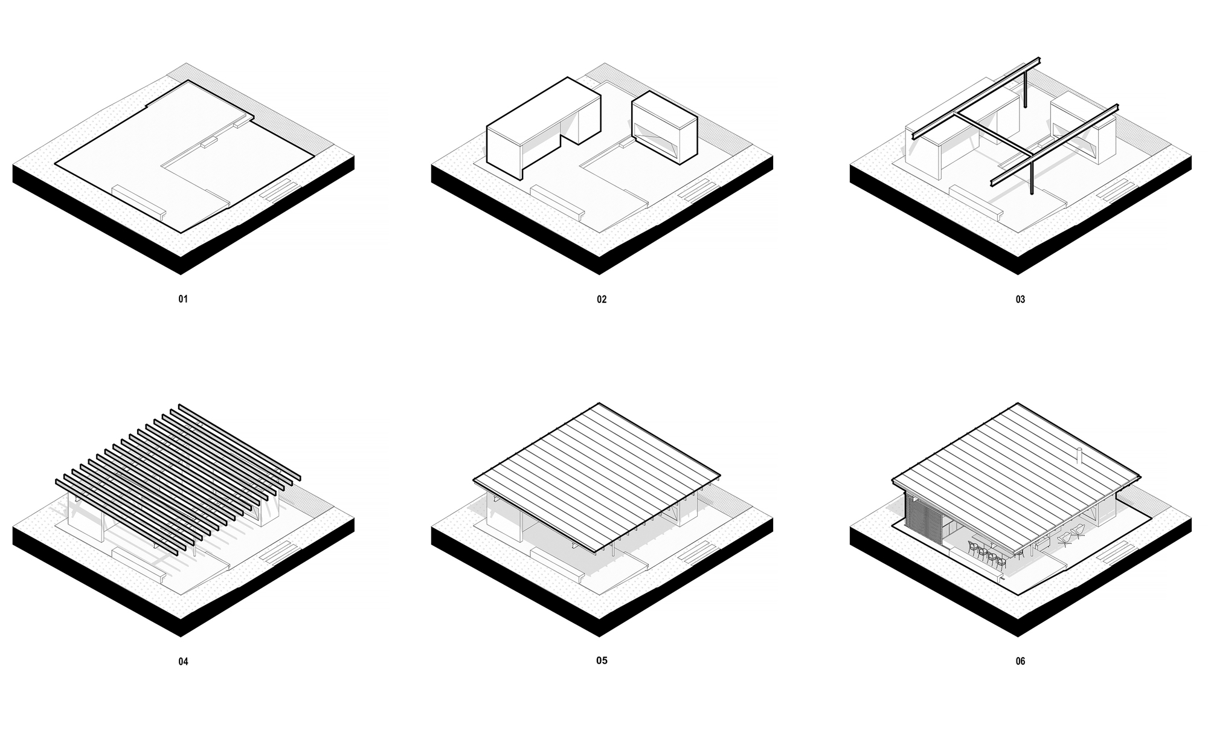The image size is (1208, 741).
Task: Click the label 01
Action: tap(183, 299)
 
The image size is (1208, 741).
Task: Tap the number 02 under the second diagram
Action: tap(602, 299)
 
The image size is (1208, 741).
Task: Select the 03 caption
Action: tap(1020, 299)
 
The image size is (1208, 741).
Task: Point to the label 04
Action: tap(183, 661)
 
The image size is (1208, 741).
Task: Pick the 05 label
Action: tap(602, 660)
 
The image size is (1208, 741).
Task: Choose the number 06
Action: tap(1020, 661)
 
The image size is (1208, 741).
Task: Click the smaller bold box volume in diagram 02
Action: tap(664, 127)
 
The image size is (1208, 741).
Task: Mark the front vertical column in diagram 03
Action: tap(1031, 175)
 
